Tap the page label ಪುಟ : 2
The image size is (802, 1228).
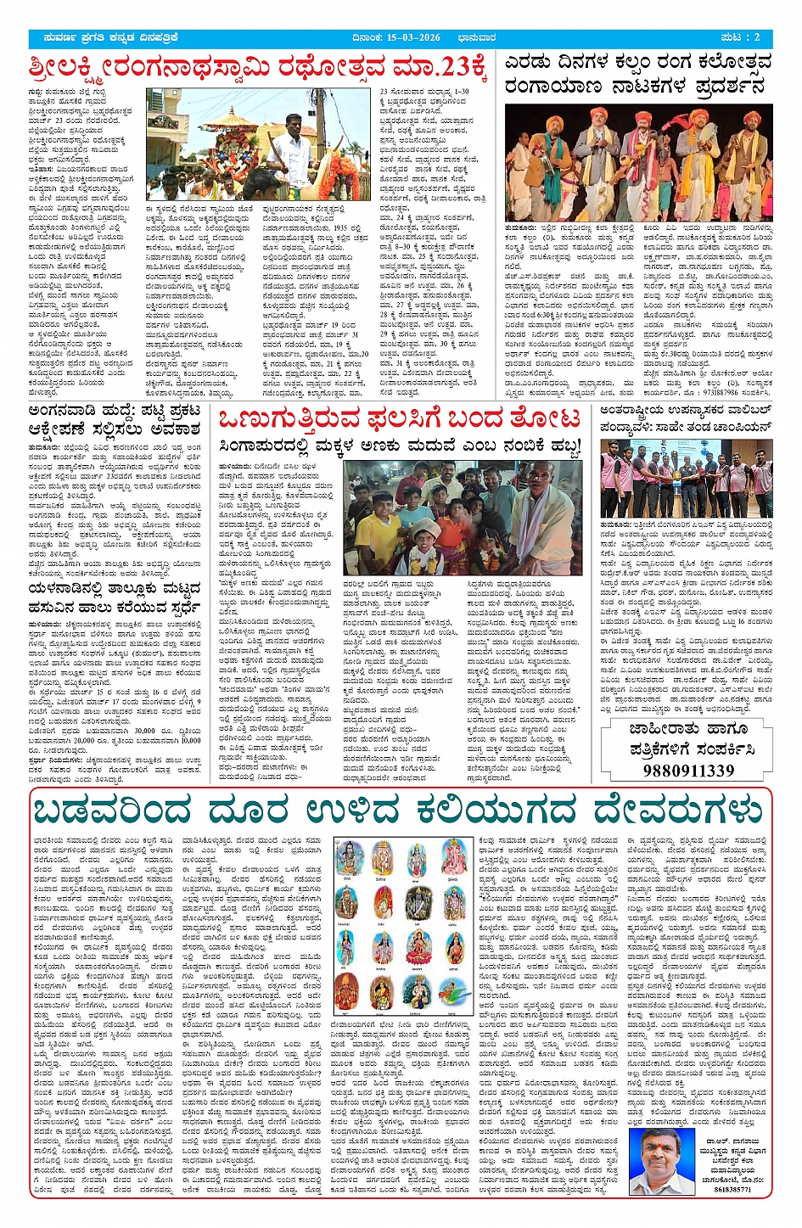tap(740, 38)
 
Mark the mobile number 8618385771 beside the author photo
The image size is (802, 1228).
tap(732, 1189)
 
